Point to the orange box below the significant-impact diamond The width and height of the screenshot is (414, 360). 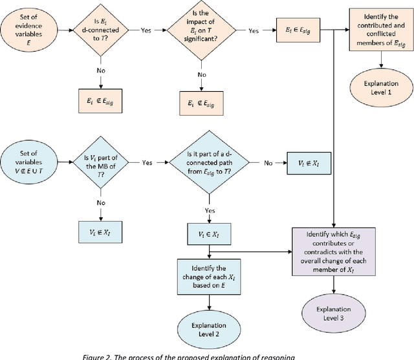click(201, 103)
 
